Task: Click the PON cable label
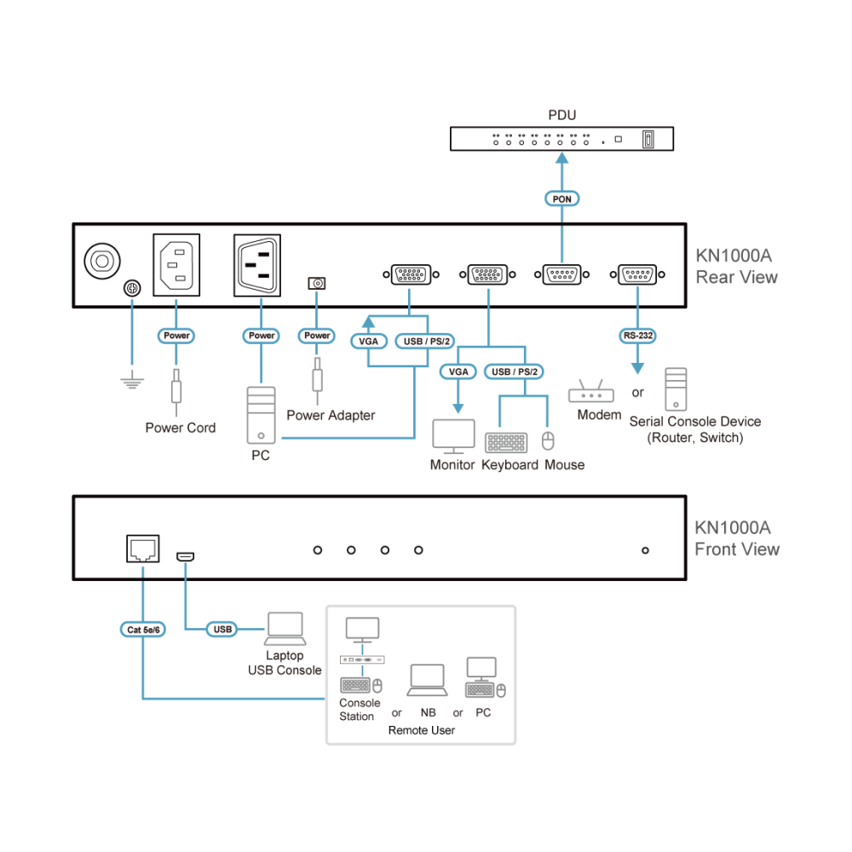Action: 561,199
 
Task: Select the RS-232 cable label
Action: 638,336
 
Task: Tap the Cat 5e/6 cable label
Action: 143,630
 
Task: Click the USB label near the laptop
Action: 222,630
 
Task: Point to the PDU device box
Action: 561,139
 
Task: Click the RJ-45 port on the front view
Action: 143,548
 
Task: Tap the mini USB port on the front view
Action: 185,557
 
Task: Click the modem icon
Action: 591,391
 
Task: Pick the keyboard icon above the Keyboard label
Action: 506,442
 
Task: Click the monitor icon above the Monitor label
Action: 454,436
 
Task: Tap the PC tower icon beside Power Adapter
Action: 261,415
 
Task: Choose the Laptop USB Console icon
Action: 285,629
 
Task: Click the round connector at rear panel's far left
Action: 102,261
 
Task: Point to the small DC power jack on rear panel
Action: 317,283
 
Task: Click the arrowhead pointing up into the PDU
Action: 561,158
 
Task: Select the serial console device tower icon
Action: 676,389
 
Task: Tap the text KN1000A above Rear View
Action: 734,256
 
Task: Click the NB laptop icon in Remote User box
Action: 428,680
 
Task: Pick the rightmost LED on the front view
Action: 645,550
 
